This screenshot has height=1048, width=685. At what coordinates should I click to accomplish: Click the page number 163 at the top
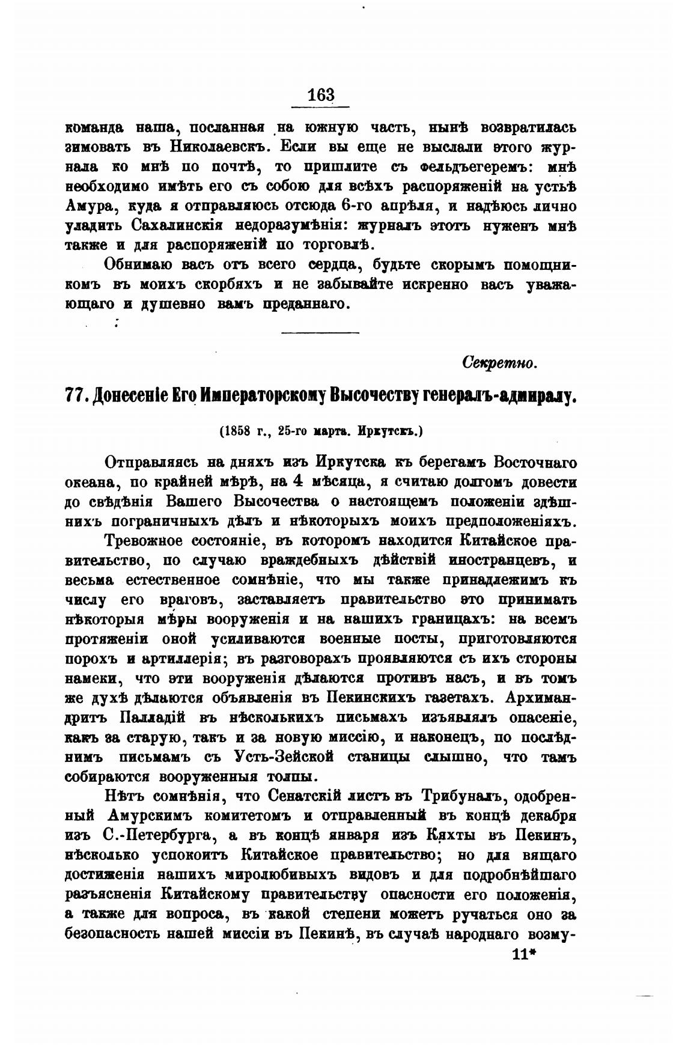pos(320,95)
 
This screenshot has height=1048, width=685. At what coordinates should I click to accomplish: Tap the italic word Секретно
pos(499,363)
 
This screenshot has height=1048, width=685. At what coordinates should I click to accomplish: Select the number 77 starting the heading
pos(75,397)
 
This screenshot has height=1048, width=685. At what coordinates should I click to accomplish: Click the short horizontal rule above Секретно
pos(320,331)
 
